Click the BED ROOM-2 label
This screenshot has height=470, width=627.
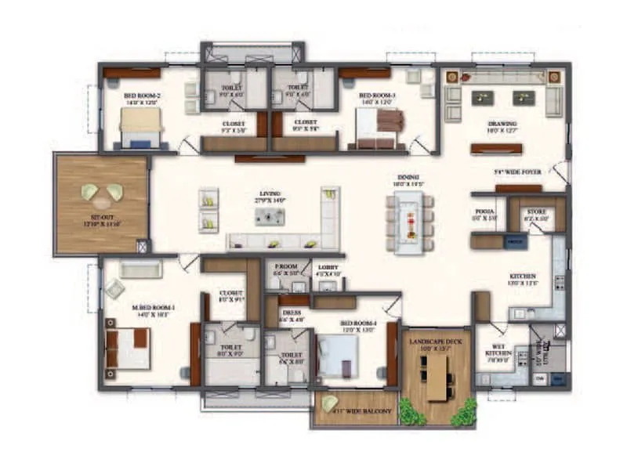(141, 96)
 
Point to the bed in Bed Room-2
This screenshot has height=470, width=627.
(141, 127)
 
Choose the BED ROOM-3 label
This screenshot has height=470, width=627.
(379, 96)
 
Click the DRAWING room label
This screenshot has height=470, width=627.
(502, 124)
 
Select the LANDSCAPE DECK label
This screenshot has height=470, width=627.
(436, 338)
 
